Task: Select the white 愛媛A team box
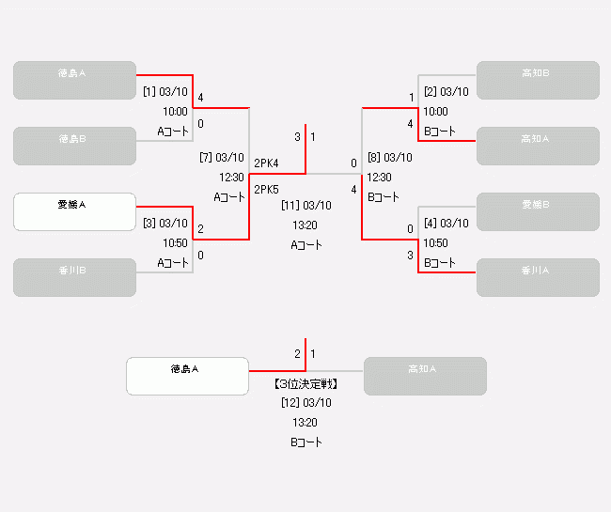(x=74, y=211)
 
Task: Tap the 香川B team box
(x=74, y=277)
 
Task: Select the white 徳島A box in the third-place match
(x=187, y=376)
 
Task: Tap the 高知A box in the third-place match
(x=425, y=376)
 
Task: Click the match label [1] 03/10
(x=165, y=92)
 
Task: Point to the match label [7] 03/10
(x=222, y=158)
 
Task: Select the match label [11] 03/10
(x=306, y=205)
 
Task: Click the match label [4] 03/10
(x=446, y=224)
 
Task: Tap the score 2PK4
(x=266, y=163)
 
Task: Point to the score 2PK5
(x=266, y=190)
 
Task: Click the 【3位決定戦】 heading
(x=306, y=384)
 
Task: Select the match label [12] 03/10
(x=306, y=403)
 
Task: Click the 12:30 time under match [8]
(x=379, y=177)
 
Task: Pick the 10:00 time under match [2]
(x=435, y=111)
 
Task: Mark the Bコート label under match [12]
(x=306, y=442)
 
